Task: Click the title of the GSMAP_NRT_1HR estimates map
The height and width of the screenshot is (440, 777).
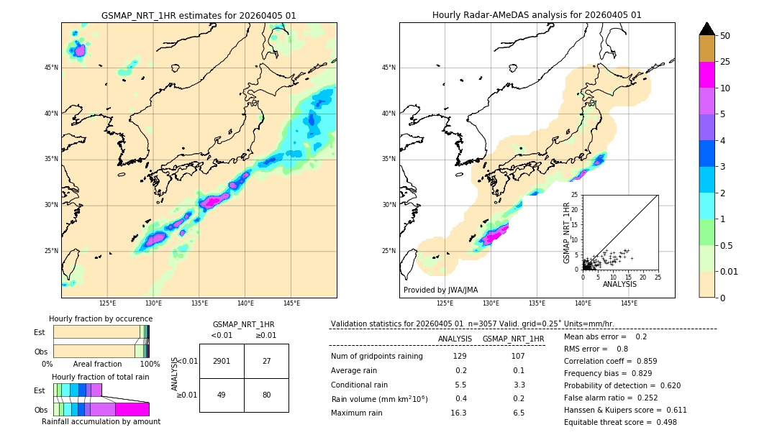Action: click(199, 15)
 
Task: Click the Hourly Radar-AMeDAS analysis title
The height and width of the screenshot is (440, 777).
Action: click(537, 15)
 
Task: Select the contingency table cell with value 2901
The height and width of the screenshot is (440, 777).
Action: click(222, 361)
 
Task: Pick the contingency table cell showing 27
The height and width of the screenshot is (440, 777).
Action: click(266, 361)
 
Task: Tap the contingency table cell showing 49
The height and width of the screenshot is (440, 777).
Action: click(222, 395)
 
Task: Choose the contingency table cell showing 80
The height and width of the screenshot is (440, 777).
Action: click(266, 395)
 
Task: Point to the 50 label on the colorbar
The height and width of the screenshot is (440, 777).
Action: click(725, 36)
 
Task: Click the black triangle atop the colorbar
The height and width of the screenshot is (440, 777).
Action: click(707, 29)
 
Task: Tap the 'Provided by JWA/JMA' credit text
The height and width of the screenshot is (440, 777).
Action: click(440, 290)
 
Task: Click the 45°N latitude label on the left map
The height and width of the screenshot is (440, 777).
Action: click(51, 68)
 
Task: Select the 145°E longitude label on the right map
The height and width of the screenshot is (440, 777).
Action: click(629, 303)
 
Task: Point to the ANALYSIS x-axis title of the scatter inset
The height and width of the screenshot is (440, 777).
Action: click(619, 284)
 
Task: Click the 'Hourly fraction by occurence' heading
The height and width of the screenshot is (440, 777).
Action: click(101, 318)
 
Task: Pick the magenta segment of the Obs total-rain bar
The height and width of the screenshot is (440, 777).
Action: click(132, 409)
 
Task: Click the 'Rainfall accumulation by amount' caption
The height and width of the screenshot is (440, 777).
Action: click(101, 421)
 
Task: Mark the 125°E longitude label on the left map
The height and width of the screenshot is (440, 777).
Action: click(108, 303)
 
